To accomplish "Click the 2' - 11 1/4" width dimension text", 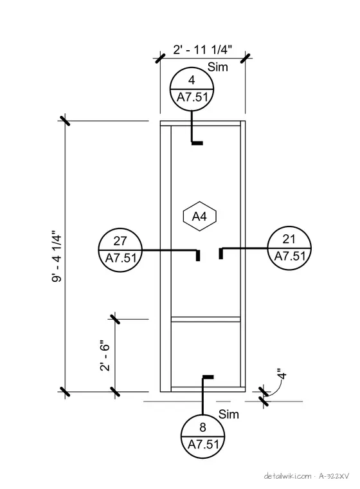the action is pos(203,50).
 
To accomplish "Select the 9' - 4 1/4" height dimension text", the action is pos(57,256).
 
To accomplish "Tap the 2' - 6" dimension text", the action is pos(105,357).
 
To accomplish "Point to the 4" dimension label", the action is pos(282,374).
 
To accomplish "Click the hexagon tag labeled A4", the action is pos(199,216).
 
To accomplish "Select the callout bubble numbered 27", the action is pos(120,250).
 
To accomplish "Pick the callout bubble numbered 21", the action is pos(289,248).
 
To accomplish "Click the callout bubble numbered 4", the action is pos(192,89).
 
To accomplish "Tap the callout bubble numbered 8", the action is pos(203,436).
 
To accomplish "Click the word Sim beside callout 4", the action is pos(218,67).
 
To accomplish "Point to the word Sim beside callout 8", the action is pos(229,414).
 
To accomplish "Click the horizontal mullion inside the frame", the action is pos(206,319).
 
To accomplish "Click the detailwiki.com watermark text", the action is pos(287,476).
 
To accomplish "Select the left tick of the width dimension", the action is pos(160,58).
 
